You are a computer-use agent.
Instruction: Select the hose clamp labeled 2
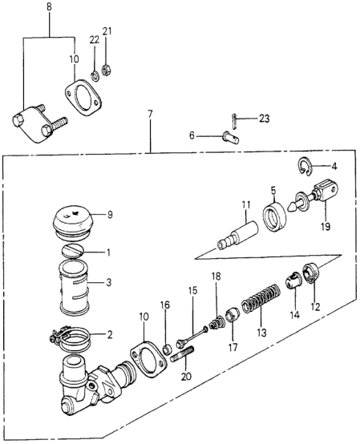pyautogui.click(x=70, y=339)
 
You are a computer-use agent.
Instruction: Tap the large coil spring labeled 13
pyautogui.click(x=261, y=299)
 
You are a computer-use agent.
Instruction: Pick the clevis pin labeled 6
pyautogui.click(x=231, y=136)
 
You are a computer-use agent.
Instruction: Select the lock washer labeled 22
pyautogui.click(x=95, y=76)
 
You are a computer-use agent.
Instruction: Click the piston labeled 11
pyautogui.click(x=237, y=234)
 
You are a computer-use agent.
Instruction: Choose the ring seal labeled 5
pyautogui.click(x=274, y=216)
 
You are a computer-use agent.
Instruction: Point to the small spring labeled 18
pyautogui.click(x=217, y=323)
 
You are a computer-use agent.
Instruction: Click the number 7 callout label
pyautogui.click(x=150, y=115)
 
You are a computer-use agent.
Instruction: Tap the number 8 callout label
pyautogui.click(x=49, y=7)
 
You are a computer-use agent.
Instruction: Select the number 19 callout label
pyautogui.click(x=326, y=227)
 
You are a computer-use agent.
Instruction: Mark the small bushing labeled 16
pyautogui.click(x=168, y=349)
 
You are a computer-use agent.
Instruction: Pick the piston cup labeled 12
pyautogui.click(x=311, y=272)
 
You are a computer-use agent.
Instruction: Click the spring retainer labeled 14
pyautogui.click(x=293, y=281)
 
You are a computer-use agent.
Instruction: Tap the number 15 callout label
pyautogui.click(x=192, y=291)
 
